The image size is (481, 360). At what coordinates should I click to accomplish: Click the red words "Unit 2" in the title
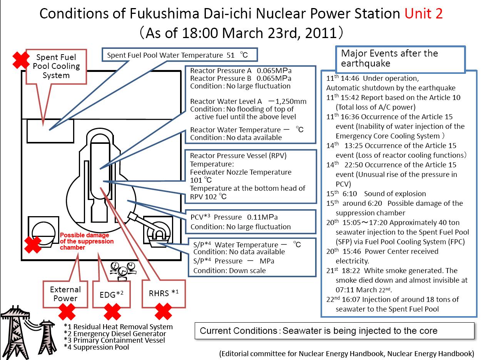(x=423, y=13)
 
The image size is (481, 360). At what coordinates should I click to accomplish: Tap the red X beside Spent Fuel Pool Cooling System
(x=21, y=60)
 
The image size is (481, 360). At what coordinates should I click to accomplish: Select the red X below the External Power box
(x=67, y=312)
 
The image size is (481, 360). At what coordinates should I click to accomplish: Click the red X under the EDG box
(x=112, y=312)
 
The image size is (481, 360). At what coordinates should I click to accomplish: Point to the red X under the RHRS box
(x=163, y=312)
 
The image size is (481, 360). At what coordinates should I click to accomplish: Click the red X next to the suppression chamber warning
(x=33, y=245)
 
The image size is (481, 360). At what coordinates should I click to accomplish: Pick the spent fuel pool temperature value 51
(x=230, y=55)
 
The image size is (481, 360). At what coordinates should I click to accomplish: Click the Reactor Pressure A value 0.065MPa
(x=274, y=71)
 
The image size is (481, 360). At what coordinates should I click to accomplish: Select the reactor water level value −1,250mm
(x=287, y=102)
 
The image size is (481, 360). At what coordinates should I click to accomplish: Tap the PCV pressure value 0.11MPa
(x=262, y=217)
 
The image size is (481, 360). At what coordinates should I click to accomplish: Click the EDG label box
(x=112, y=294)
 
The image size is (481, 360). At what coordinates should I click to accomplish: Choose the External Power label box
(x=65, y=294)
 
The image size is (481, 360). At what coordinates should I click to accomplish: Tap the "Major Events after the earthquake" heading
(x=389, y=58)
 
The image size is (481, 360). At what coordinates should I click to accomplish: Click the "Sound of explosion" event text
(x=395, y=193)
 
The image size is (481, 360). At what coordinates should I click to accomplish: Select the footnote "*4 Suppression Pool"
(x=97, y=347)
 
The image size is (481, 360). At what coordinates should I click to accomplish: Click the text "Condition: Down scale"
(x=229, y=271)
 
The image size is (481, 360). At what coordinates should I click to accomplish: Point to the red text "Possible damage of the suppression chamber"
(x=87, y=241)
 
